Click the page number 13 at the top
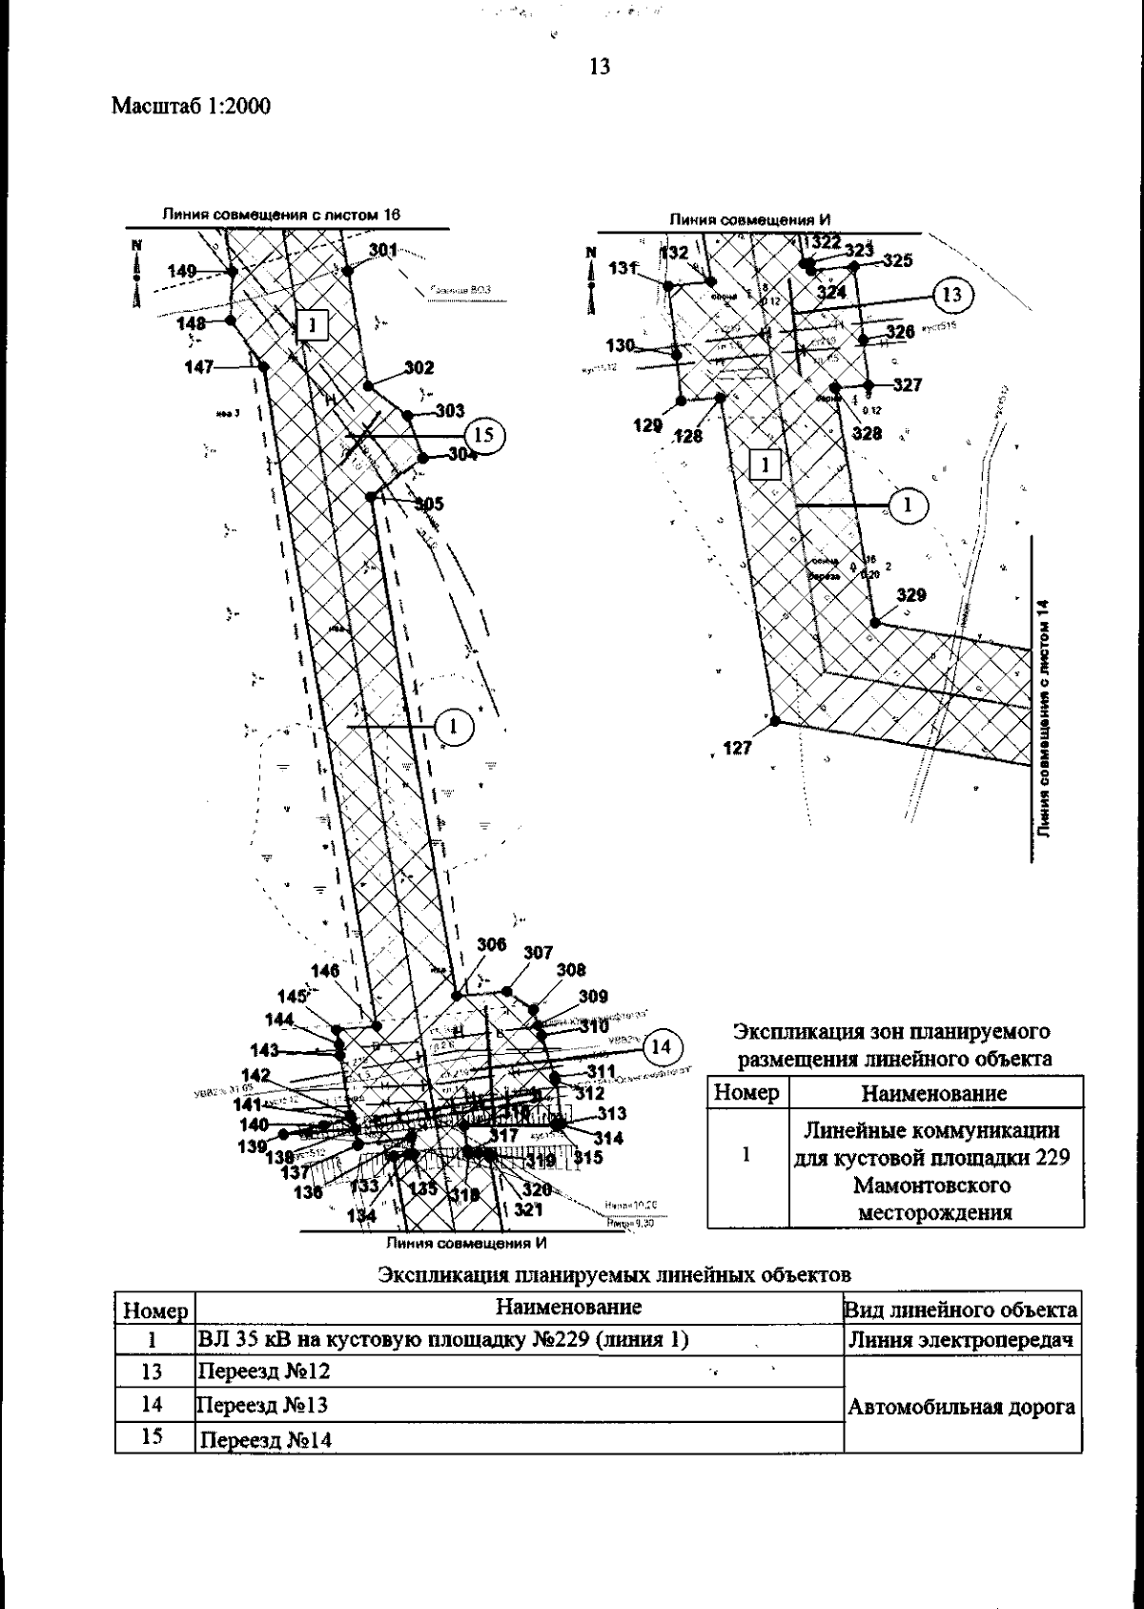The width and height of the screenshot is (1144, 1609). tap(600, 67)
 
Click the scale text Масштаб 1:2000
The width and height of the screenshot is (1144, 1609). tap(191, 106)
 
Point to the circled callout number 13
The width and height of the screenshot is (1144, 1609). tap(952, 294)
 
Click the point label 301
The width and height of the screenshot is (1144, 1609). tap(383, 250)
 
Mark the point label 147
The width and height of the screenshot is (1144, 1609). tap(199, 366)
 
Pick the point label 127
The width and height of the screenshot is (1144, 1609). tap(736, 749)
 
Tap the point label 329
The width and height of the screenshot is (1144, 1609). tap(910, 596)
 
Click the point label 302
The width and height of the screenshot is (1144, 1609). tap(419, 368)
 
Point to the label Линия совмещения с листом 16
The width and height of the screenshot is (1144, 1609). tap(280, 216)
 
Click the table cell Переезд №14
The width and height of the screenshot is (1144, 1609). tap(264, 1439)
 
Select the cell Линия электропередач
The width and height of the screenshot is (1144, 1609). tap(963, 1340)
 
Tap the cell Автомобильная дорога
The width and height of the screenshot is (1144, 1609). tap(963, 1406)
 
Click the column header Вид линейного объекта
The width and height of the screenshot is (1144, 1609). tap(963, 1310)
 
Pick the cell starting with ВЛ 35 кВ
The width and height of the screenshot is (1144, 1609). tap(442, 1339)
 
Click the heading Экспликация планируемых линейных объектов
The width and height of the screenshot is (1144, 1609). tap(614, 1275)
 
